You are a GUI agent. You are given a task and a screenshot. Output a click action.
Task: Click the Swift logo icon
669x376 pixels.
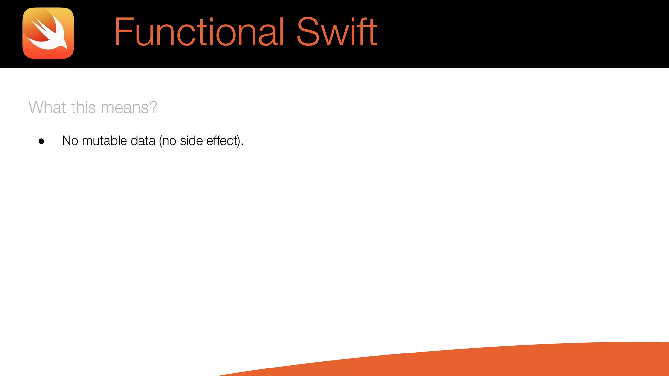48,33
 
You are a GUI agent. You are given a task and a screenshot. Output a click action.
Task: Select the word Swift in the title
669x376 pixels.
337,32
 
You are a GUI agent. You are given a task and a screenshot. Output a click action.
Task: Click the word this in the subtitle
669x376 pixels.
83,107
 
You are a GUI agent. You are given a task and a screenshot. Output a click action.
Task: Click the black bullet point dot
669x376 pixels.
41,141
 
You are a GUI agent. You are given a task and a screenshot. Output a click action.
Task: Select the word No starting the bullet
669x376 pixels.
70,141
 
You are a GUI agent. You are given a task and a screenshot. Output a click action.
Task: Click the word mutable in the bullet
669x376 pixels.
104,141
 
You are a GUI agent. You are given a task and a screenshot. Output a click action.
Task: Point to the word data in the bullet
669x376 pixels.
143,141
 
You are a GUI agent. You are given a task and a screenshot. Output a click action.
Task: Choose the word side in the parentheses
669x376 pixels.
191,141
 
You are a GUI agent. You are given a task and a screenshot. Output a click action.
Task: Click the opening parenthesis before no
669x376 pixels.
160,141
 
